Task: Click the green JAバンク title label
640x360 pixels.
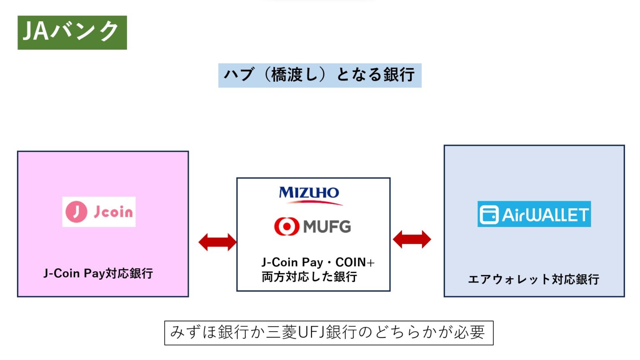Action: click(x=72, y=32)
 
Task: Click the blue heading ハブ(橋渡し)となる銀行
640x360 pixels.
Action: click(x=320, y=75)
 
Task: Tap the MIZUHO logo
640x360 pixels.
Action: click(x=309, y=193)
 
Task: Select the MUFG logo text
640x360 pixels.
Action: click(x=327, y=227)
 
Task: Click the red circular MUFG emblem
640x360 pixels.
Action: click(x=286, y=226)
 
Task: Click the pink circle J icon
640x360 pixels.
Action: click(x=76, y=212)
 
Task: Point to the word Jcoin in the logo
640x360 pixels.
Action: click(x=113, y=212)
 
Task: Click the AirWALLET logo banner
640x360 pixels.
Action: click(x=534, y=214)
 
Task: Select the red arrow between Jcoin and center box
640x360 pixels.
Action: click(x=217, y=242)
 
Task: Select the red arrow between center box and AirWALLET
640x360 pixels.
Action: click(x=412, y=240)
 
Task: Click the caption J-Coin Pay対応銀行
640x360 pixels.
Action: click(x=98, y=273)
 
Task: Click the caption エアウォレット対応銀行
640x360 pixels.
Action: click(x=533, y=279)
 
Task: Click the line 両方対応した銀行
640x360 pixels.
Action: click(x=309, y=277)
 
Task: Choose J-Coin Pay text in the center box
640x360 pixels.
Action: click(x=292, y=262)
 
